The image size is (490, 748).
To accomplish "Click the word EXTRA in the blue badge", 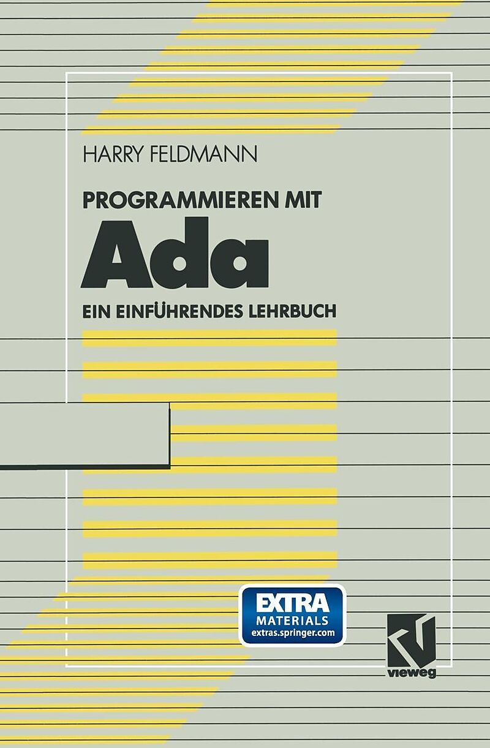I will [x=292, y=603].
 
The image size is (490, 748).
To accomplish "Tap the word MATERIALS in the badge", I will [x=292, y=621].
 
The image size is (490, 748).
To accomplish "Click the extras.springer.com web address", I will [x=292, y=633].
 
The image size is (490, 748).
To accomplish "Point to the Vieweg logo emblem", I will [x=411, y=637].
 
